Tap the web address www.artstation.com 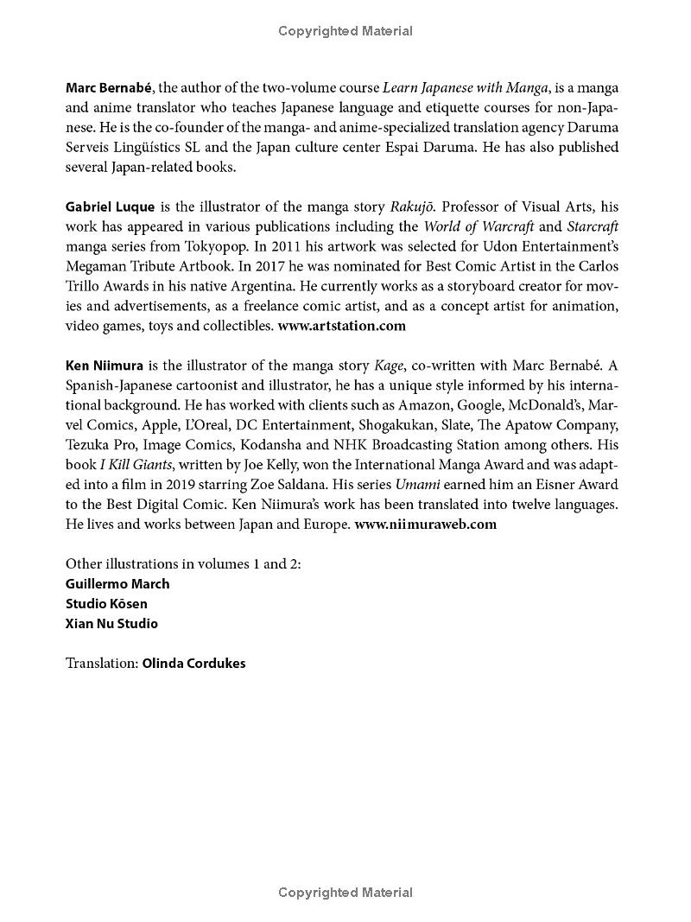pos(341,326)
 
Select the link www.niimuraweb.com pos(425,524)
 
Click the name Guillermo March pos(117,583)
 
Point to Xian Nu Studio pos(111,623)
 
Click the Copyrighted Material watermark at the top pos(345,31)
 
